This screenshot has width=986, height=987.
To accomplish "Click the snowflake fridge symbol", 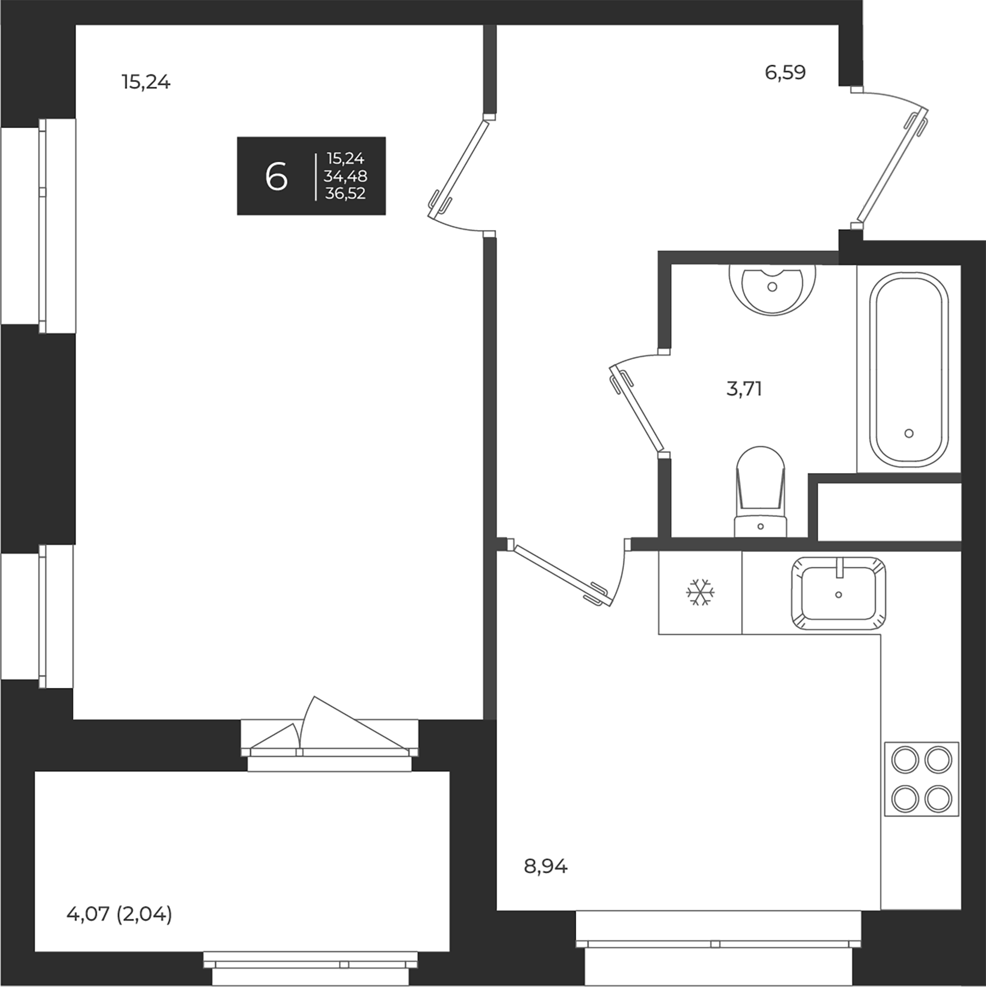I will [x=700, y=592].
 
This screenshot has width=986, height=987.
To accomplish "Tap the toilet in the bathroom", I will [x=760, y=493].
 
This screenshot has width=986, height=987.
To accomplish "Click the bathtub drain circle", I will [x=909, y=433].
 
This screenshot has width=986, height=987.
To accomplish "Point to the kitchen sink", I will [x=838, y=594].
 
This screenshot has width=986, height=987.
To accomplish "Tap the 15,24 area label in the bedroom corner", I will [x=146, y=83].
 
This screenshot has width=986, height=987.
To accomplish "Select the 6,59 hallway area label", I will [x=785, y=73].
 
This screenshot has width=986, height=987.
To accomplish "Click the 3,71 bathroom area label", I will [x=744, y=389].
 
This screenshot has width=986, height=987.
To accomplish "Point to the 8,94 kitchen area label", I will [x=546, y=867].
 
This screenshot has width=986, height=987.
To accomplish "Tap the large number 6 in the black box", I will [x=276, y=177].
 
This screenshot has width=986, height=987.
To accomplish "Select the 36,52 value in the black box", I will [x=345, y=193].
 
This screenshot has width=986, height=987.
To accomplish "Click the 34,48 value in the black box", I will [x=345, y=176].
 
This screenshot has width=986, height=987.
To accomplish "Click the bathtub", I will [x=909, y=370].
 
